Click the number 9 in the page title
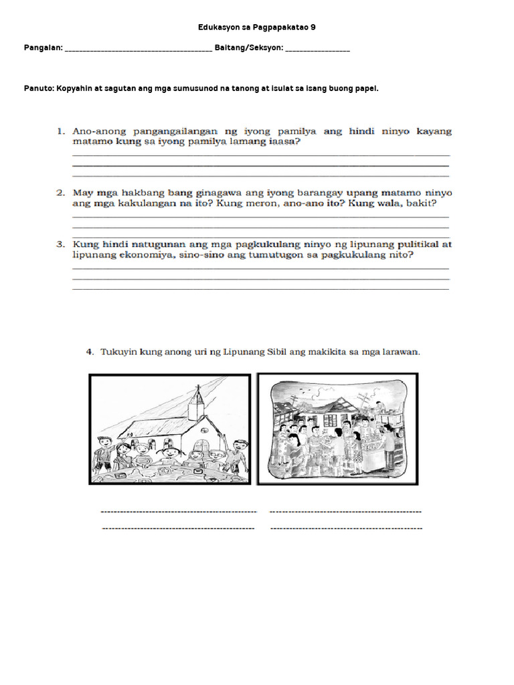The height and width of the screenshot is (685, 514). [313, 27]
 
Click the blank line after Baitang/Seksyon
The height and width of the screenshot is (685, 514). [317, 50]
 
